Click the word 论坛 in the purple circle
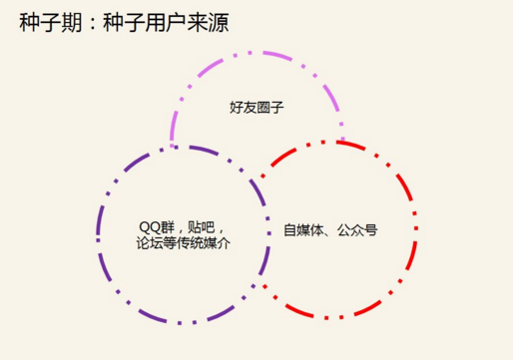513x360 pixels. (147, 242)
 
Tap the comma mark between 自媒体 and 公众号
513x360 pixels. (328, 231)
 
